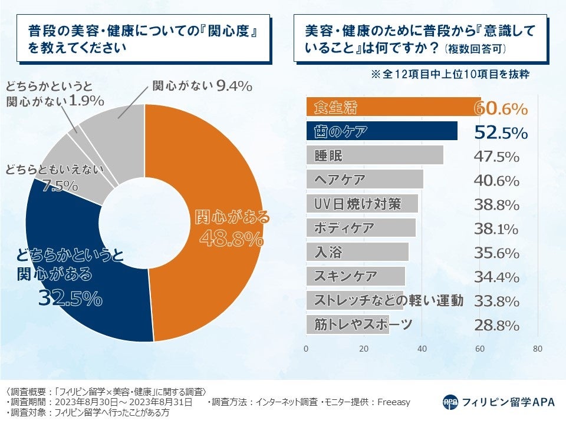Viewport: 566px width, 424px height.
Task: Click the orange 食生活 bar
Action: pos(393,107)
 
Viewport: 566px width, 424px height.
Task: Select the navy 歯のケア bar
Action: pos(381,131)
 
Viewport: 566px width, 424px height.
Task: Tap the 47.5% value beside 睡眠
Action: pos(496,157)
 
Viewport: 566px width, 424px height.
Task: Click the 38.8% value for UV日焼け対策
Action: pos(496,205)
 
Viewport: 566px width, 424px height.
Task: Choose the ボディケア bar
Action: pos(361,228)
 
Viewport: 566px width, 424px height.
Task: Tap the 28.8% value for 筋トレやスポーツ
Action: pos(496,325)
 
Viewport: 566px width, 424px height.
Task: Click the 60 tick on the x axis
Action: pos(480,349)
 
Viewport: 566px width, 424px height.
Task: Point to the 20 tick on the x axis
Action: pos(364,349)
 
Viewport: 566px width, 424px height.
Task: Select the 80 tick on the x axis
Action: pos(537,349)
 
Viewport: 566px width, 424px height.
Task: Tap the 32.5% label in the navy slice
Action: pos(70,298)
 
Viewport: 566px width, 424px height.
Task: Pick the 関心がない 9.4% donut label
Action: pos(202,86)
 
